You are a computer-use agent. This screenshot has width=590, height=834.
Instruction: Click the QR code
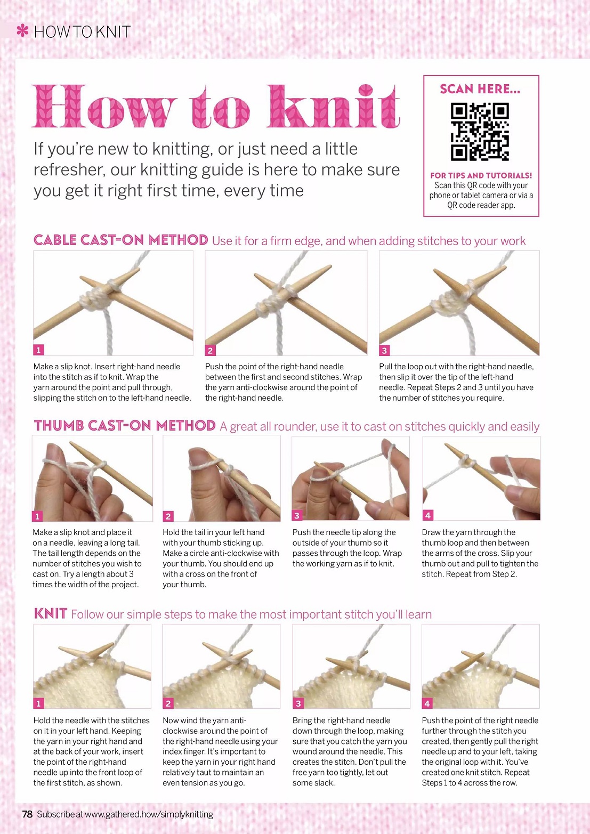(480, 132)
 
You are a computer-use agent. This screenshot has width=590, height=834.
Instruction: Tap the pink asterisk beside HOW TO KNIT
(23, 30)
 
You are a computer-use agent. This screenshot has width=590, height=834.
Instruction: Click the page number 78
(28, 814)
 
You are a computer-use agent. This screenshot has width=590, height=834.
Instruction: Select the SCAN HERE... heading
(480, 89)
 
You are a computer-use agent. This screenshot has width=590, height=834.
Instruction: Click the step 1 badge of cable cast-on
(39, 350)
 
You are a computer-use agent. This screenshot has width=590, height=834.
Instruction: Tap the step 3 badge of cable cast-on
(384, 350)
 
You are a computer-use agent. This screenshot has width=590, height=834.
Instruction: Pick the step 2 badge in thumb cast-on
(168, 516)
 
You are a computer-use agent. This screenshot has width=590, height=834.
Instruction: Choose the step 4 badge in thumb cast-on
(427, 515)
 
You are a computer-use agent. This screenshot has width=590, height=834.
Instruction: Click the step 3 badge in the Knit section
(298, 703)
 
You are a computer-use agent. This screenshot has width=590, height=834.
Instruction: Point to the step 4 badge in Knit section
(427, 703)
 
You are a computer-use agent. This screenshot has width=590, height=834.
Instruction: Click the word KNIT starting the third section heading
(50, 613)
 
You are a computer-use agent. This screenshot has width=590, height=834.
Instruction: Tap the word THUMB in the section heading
(59, 426)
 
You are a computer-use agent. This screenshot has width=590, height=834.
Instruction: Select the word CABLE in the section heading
(55, 240)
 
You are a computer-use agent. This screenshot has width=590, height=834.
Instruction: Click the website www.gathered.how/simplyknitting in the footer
(149, 815)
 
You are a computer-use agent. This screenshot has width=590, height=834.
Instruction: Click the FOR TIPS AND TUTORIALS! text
(481, 175)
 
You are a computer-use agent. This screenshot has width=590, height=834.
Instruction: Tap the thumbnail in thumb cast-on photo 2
(198, 455)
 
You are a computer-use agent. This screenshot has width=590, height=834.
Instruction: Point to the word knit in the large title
(334, 107)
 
